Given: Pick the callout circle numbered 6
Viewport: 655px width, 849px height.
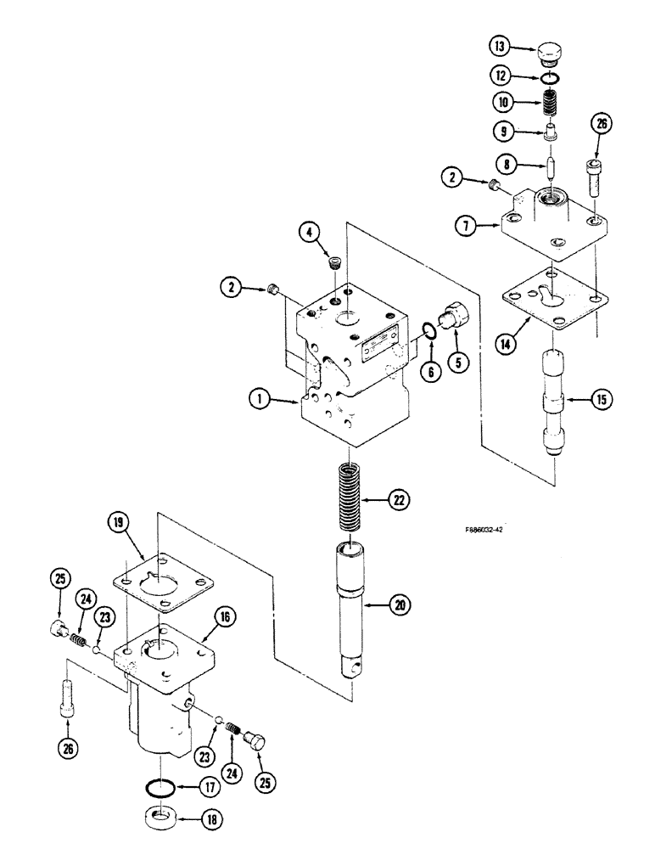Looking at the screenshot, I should point(432,369).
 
